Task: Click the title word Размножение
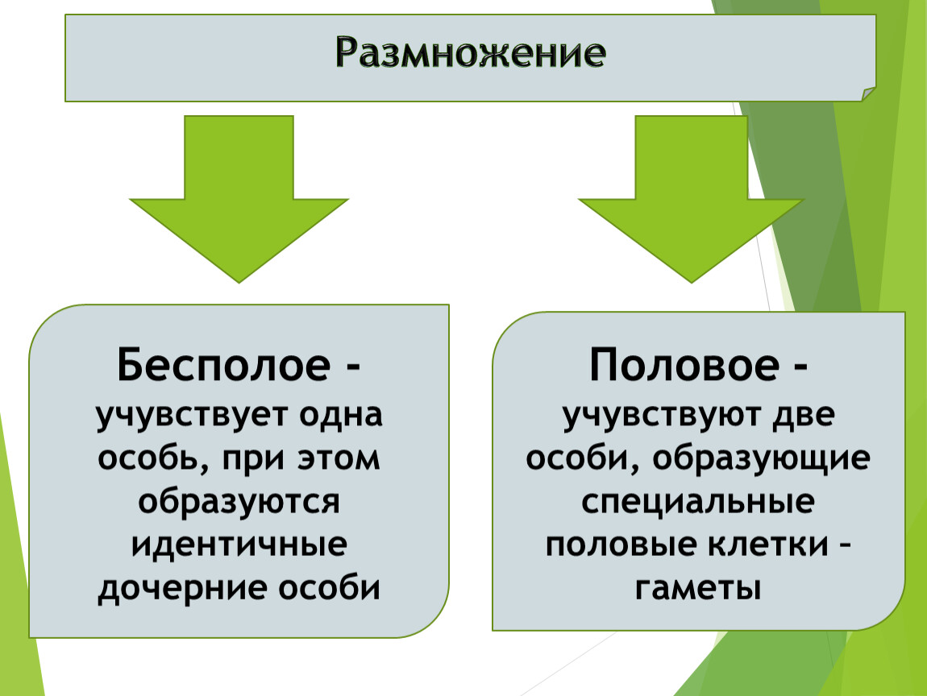pyautogui.click(x=471, y=52)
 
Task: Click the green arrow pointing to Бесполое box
pyautogui.click(x=239, y=198)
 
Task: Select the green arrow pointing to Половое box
pyautogui.click(x=691, y=198)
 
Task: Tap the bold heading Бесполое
pyautogui.click(x=223, y=365)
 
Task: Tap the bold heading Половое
pyautogui.click(x=684, y=365)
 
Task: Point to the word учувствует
pyautogui.click(x=193, y=416)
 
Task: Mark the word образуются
pyautogui.click(x=239, y=502)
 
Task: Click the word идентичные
pyautogui.click(x=239, y=545)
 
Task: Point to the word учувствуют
pyautogui.click(x=663, y=416)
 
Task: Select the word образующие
pyautogui.click(x=762, y=459)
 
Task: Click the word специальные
pyautogui.click(x=697, y=502)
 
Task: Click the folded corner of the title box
pyautogui.click(x=868, y=94)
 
